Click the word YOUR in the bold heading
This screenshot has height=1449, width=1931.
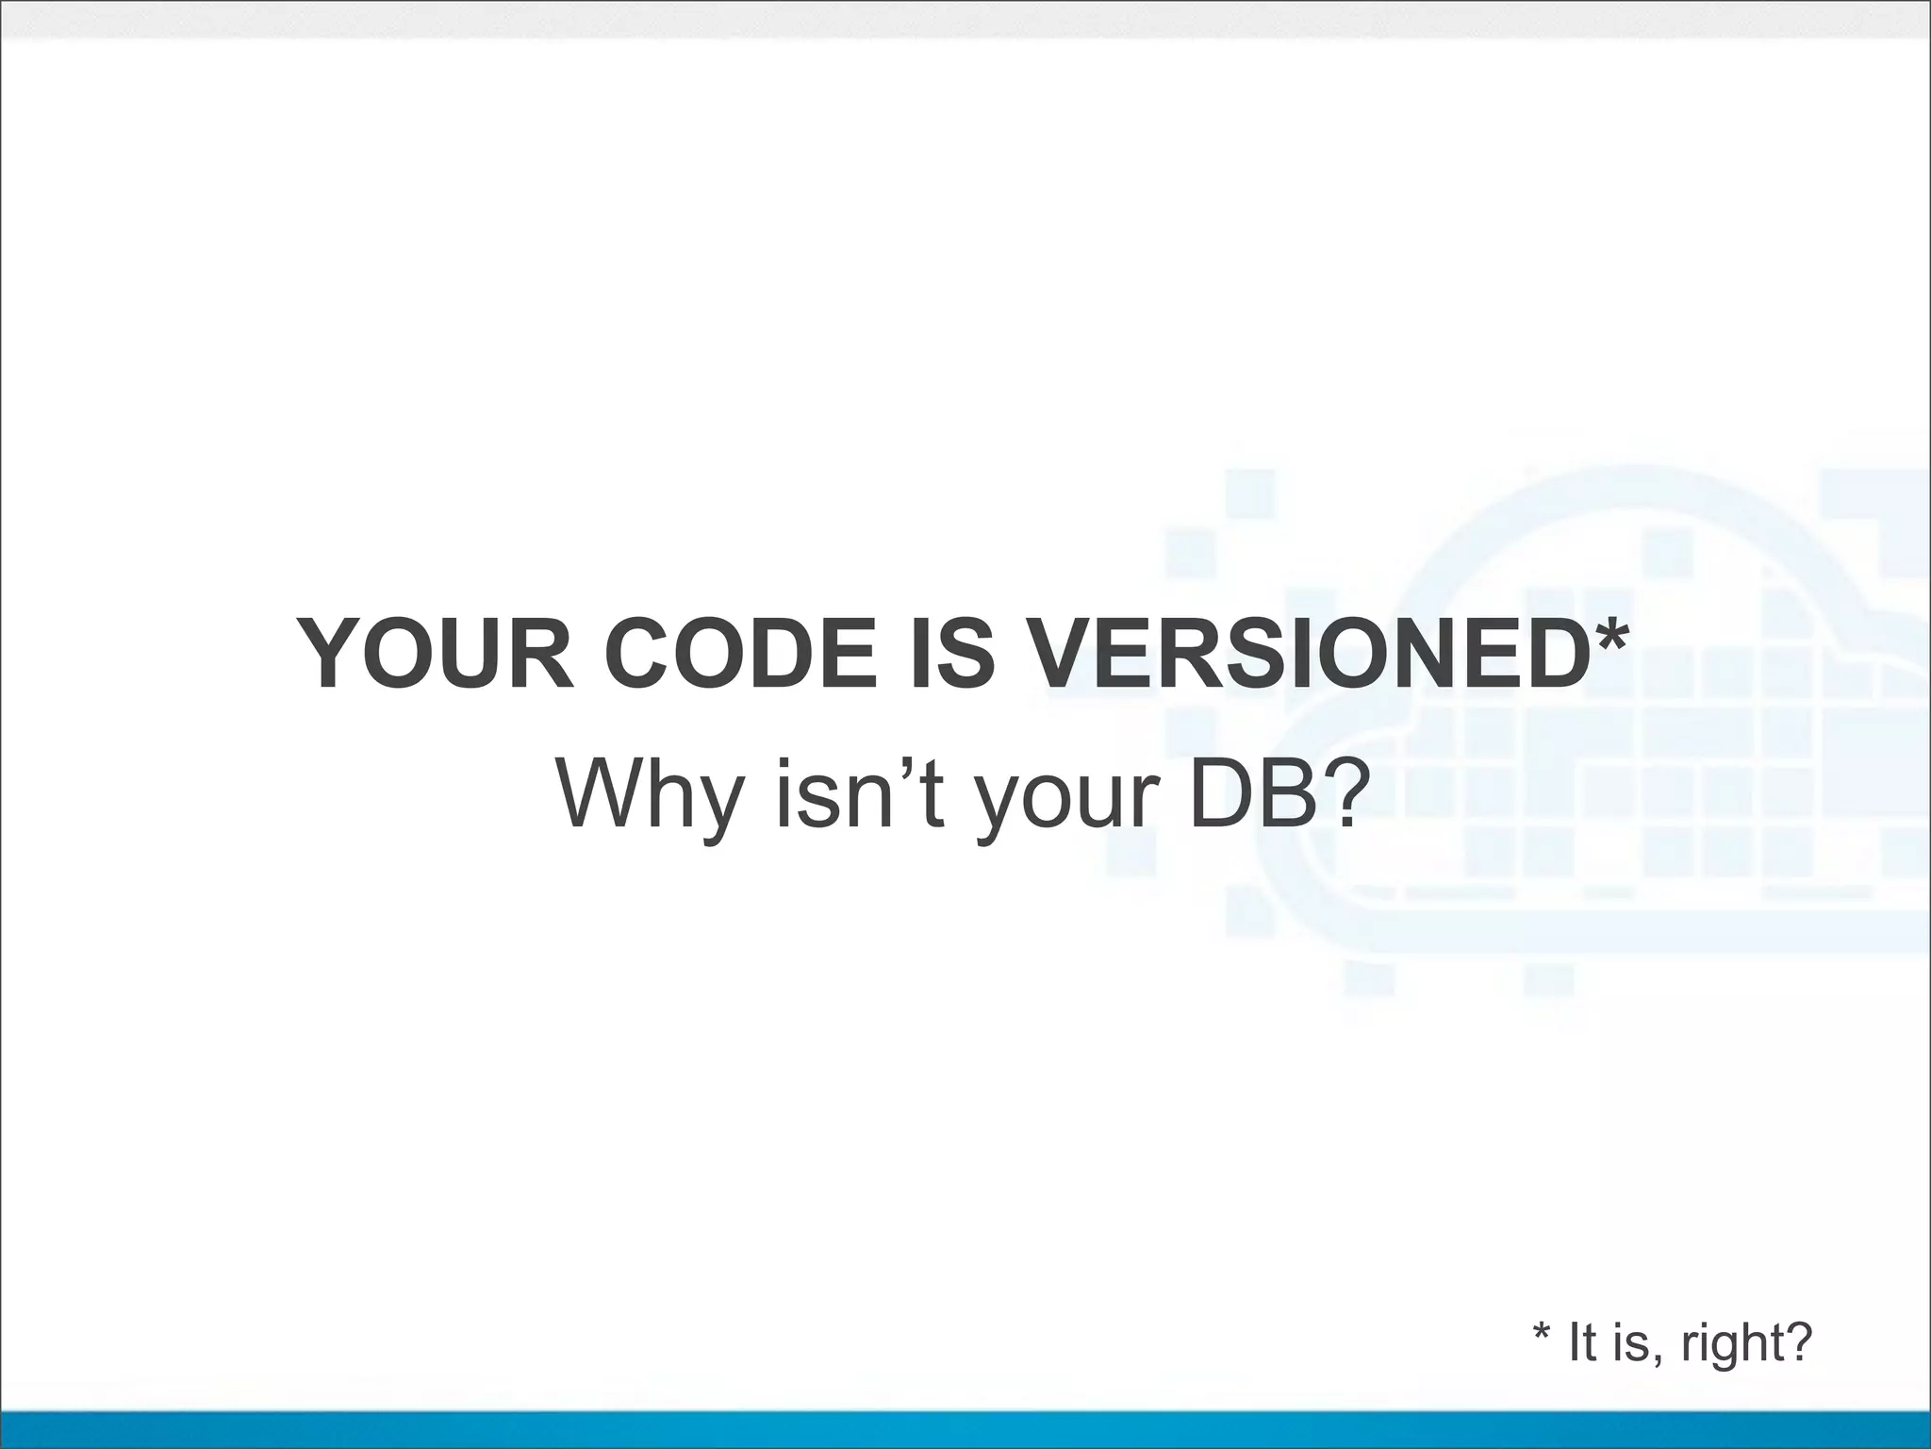point(435,653)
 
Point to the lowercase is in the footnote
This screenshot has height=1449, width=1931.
point(1628,1341)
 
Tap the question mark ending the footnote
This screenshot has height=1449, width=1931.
point(1797,1341)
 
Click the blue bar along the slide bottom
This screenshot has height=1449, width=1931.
point(965,1428)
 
